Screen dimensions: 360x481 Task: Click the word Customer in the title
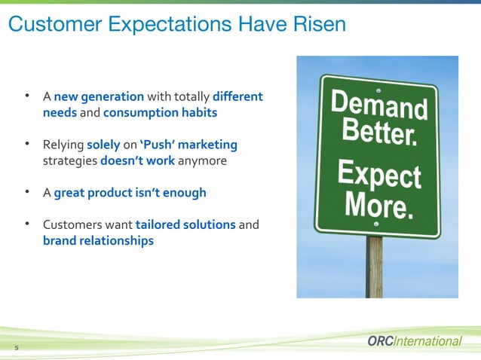pyautogui.click(x=47, y=25)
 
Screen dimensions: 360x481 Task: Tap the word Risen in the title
pyautogui.click(x=317, y=25)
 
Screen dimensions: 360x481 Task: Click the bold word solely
pyautogui.click(x=103, y=145)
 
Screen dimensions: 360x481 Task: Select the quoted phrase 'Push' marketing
pyautogui.click(x=188, y=145)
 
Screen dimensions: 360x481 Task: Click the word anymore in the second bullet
pyautogui.click(x=202, y=160)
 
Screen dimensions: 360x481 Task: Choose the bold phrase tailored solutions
pyautogui.click(x=185, y=224)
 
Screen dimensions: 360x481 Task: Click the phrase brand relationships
pyautogui.click(x=98, y=241)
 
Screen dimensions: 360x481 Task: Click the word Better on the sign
pyautogui.click(x=378, y=138)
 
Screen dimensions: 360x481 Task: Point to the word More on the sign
pyautogui.click(x=378, y=205)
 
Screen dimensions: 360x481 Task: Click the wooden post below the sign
pyautogui.click(x=374, y=267)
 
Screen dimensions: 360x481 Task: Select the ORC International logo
pyautogui.click(x=414, y=341)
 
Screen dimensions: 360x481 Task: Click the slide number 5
pyautogui.click(x=16, y=347)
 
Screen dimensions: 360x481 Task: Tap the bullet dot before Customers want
pyautogui.click(x=28, y=224)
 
